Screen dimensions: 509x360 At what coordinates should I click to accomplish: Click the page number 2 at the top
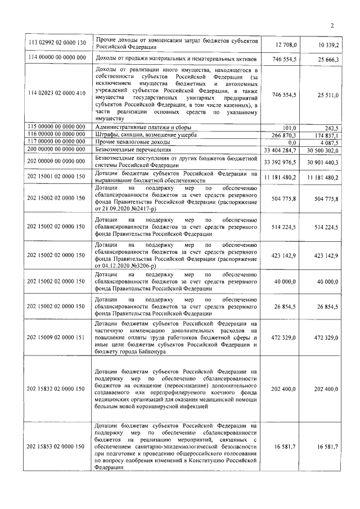tap(332, 25)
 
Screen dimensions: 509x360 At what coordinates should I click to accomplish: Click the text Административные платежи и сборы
tap(139, 128)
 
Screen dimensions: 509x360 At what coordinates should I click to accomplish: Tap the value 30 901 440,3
tap(322, 162)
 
